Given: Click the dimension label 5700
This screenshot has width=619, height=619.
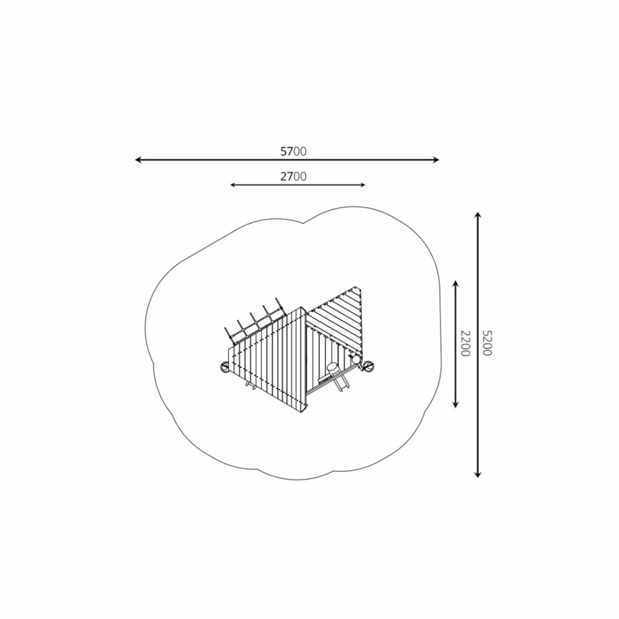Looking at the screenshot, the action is coord(293,151).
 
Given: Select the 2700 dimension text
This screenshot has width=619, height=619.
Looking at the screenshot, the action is coord(293,177).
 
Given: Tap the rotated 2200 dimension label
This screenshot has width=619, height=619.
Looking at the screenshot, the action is coord(466,343).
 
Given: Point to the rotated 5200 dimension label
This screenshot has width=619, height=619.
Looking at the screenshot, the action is coord(487,343).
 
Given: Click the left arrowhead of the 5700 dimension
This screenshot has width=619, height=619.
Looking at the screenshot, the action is coord(138,160).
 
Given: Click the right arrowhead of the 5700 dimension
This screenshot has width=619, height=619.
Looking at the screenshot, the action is coord(436,160).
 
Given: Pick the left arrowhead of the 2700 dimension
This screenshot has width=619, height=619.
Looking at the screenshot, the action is coord(232,185).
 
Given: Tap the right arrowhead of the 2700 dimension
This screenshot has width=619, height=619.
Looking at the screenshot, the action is coord(362,185).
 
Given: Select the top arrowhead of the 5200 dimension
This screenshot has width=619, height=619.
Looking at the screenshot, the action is coord(478,215).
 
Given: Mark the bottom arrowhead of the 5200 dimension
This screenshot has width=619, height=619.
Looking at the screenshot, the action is coord(478,475).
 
